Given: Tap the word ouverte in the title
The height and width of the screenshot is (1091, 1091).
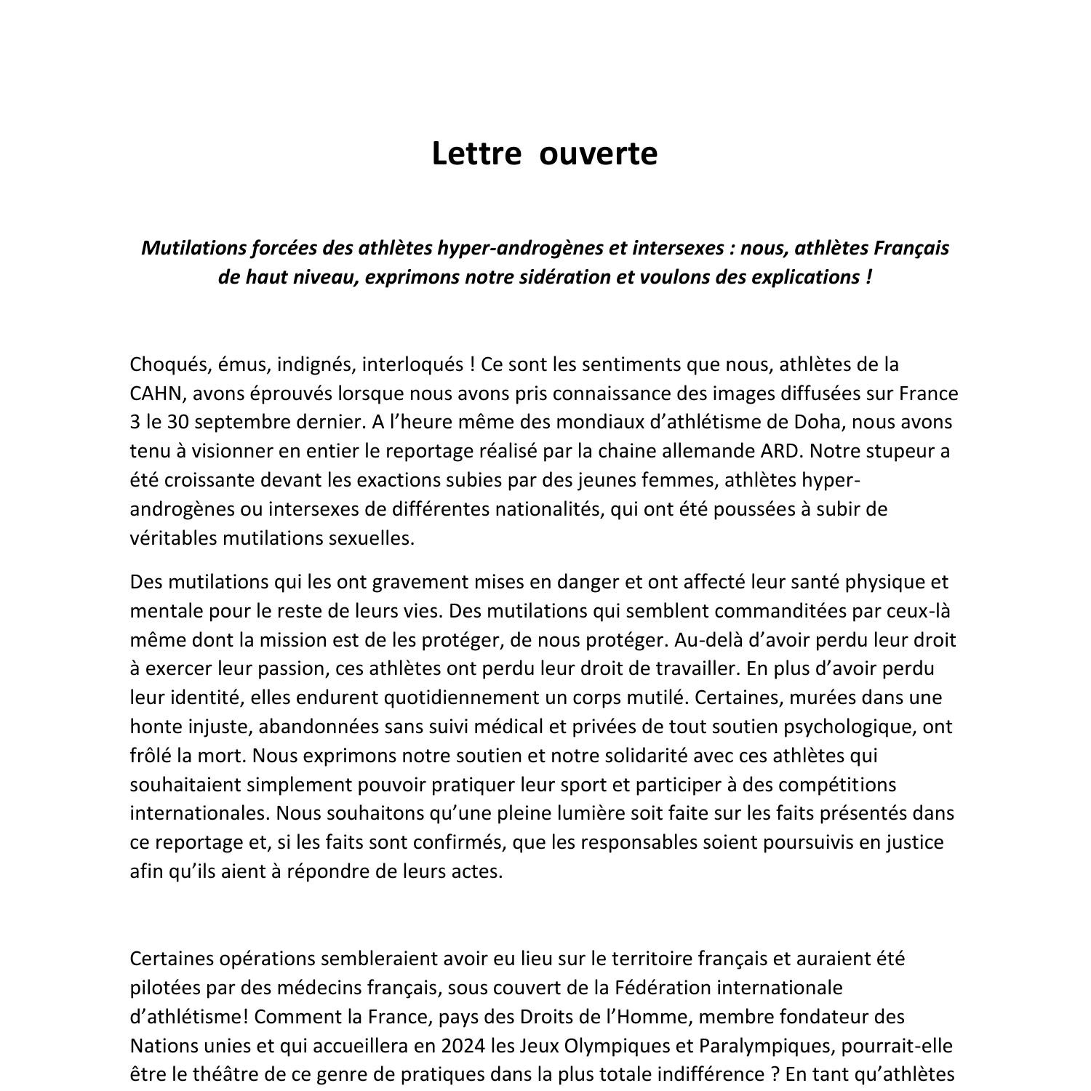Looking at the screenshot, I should point(599,154).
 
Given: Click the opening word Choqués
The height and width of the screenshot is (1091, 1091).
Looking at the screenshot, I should point(171,364).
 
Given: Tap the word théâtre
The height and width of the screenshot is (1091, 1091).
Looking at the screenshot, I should point(202,1075).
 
